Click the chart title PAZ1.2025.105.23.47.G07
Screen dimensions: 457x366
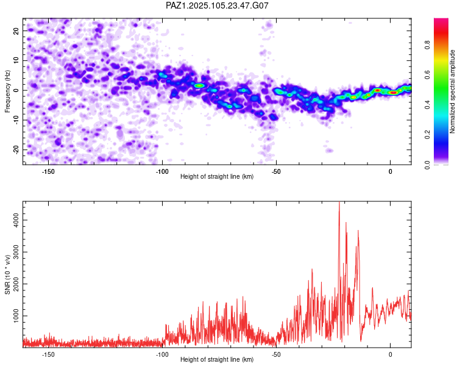217,5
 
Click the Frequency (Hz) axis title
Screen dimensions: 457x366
7,91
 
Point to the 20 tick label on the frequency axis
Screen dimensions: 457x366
16,30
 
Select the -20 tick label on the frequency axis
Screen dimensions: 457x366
16,149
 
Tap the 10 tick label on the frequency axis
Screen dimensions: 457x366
16,60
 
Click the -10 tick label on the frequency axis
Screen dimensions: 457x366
16,120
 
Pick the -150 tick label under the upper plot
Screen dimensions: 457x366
48,171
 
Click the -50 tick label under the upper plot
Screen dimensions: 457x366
276,171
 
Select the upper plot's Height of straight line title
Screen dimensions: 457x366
217,176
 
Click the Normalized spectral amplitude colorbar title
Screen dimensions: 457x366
452,91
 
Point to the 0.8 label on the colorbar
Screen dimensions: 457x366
427,45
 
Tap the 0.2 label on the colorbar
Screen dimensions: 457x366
427,135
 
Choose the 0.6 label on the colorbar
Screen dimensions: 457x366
427,75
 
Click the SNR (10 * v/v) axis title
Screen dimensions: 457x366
7,274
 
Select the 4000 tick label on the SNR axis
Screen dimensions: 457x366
16,220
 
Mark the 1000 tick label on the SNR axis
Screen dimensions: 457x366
16,316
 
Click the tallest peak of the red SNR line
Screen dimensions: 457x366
339,203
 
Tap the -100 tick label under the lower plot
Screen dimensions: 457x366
162,354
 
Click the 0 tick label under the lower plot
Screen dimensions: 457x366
390,354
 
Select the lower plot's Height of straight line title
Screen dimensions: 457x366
217,359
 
